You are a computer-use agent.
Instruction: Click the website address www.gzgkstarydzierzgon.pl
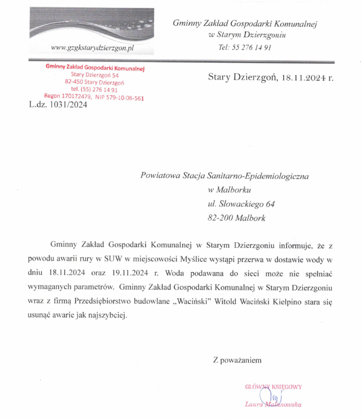pyautogui.click(x=92, y=48)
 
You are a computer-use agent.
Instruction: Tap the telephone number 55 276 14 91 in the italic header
pyautogui.click(x=251, y=47)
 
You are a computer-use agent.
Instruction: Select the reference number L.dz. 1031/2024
pyautogui.click(x=58, y=106)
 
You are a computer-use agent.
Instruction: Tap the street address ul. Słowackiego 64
pyautogui.click(x=241, y=204)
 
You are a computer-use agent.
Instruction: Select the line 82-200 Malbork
pyautogui.click(x=236, y=218)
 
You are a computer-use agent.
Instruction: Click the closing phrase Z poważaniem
pyautogui.click(x=237, y=360)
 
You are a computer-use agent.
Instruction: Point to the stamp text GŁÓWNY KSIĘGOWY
pyautogui.click(x=273, y=387)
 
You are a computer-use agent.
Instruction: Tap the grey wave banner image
pyautogui.click(x=92, y=25)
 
